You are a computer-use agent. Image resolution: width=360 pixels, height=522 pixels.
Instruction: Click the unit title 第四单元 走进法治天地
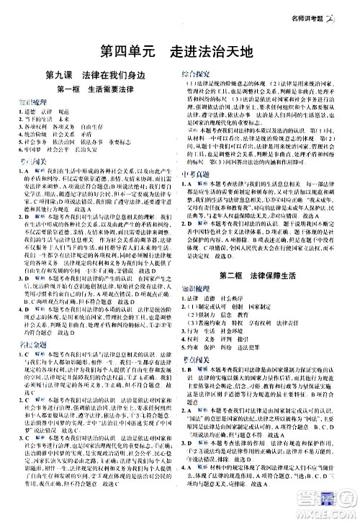(x=179, y=51)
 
